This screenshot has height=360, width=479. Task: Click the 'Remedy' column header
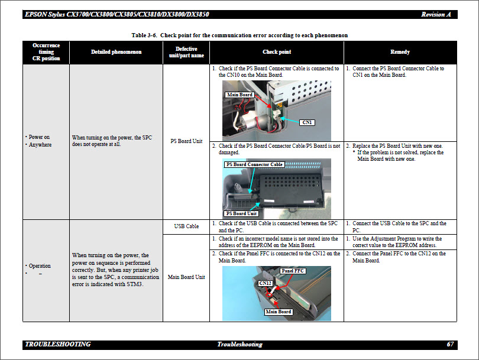(400, 52)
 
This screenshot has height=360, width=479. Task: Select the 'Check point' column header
(277, 52)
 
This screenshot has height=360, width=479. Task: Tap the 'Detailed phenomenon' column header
(116, 52)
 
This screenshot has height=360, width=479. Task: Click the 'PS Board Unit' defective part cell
(186, 141)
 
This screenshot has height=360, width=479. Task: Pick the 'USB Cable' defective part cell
(186, 226)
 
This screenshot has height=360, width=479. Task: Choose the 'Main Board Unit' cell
(186, 277)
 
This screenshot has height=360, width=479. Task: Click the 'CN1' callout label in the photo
(307, 122)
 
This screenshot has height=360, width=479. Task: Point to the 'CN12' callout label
(265, 283)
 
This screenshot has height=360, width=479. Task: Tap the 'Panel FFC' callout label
(293, 271)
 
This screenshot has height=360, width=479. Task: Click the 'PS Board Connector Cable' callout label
(254, 164)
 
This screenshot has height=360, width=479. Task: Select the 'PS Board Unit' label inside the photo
(241, 213)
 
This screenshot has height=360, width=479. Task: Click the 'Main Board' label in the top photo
(240, 95)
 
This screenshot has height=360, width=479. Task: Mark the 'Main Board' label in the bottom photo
(279, 312)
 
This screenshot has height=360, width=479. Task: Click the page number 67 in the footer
(450, 344)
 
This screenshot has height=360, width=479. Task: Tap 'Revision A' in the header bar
(436, 14)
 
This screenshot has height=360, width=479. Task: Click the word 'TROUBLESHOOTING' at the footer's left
(58, 344)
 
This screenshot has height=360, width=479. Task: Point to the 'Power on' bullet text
(39, 137)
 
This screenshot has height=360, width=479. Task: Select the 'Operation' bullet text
(40, 266)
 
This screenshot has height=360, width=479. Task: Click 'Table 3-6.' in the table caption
(144, 35)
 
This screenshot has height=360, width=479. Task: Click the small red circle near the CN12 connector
(270, 295)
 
